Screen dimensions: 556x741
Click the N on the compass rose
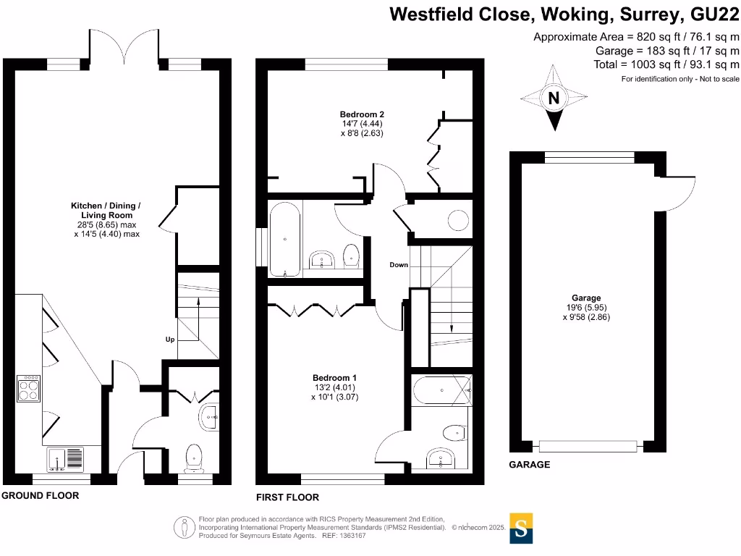click(554, 98)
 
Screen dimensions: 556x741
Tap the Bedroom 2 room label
click(362, 114)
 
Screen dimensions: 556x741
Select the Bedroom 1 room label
click(334, 378)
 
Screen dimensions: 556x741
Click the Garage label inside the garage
click(586, 298)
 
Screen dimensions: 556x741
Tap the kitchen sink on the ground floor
click(65, 459)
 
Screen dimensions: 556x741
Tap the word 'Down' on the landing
click(399, 265)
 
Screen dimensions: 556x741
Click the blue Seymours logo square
click(521, 528)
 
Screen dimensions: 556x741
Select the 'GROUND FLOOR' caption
click(40, 496)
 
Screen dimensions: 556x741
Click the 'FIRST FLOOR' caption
click(287, 497)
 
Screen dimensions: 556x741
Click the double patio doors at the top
click(122, 47)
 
